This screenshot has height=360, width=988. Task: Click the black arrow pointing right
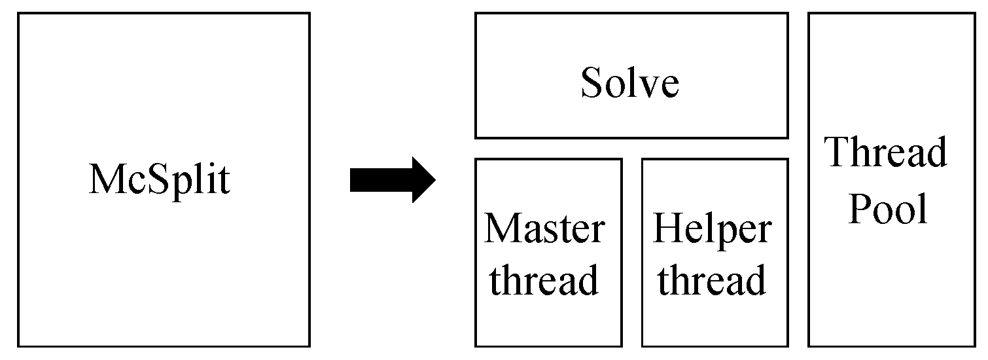392,179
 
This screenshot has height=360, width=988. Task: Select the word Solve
630,83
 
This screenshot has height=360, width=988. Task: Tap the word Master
544,228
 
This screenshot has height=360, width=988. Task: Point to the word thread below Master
544,279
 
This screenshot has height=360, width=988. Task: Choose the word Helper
712,228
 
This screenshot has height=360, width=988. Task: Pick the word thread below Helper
712,279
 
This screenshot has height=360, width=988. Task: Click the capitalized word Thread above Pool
887,152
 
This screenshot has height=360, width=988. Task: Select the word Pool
887,209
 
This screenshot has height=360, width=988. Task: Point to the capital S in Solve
590,83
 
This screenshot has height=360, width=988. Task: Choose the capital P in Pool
859,209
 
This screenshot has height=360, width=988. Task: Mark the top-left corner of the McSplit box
18,14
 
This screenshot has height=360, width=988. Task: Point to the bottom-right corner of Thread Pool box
974,346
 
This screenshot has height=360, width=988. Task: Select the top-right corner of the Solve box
787,14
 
